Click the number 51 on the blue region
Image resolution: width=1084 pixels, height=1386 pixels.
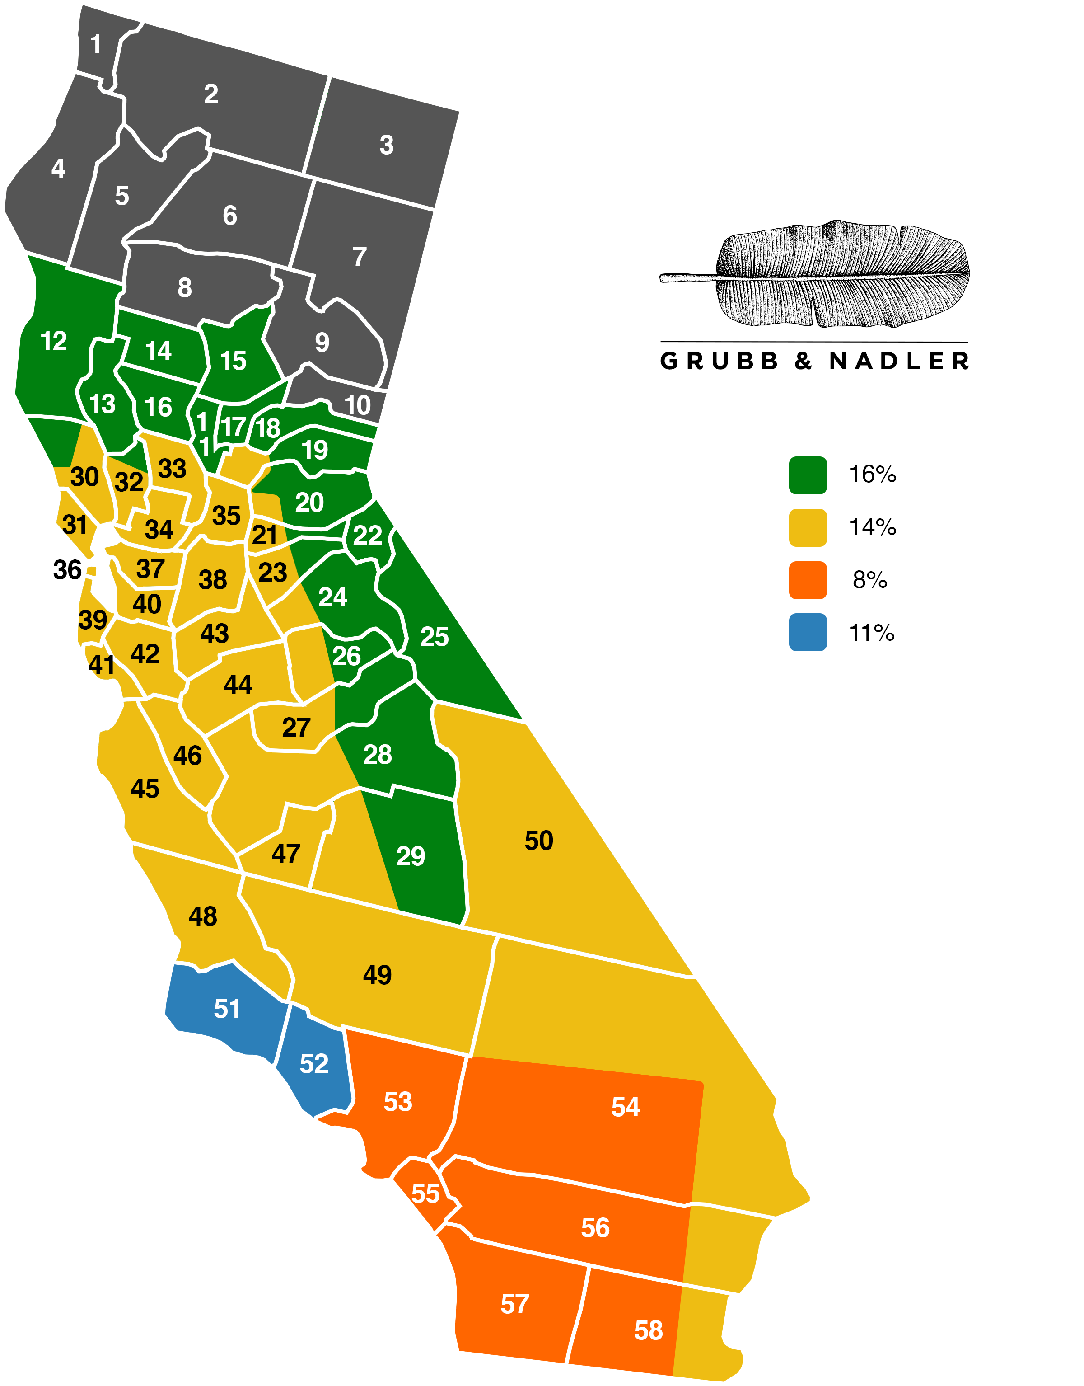coord(227,1009)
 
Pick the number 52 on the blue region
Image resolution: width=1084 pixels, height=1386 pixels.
coord(313,1064)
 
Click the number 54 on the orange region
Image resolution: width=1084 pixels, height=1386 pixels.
coord(625,1107)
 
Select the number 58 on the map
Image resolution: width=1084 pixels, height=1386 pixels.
coord(648,1331)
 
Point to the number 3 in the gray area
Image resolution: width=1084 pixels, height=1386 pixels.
coord(387,146)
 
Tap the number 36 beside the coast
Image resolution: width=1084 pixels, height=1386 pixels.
coord(67,570)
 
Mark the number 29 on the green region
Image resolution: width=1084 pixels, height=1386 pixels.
coord(410,856)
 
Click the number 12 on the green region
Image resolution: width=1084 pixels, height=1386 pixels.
coord(53,342)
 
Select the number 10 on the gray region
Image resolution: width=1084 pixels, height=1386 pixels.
coord(357,406)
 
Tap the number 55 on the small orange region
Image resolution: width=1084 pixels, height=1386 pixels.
coord(425,1193)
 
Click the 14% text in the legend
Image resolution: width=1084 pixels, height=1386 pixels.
coord(873,528)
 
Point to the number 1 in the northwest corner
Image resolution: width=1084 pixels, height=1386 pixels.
coord(96,44)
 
